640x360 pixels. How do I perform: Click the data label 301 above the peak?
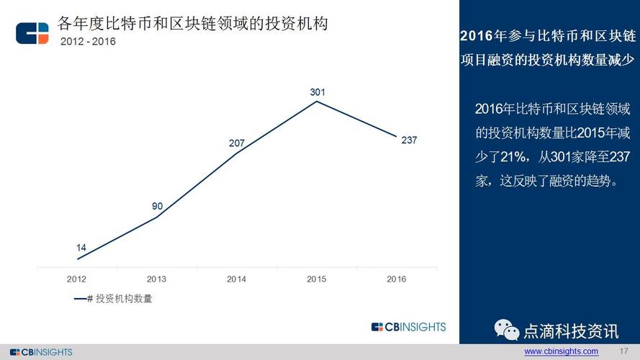[317, 92]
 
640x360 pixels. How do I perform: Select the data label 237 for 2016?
[409, 140]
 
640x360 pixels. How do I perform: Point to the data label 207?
[237, 143]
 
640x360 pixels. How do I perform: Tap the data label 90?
[157, 207]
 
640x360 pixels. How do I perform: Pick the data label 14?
[81, 248]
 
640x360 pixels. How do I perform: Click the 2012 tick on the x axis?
[77, 279]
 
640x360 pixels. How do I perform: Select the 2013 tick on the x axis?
[156, 279]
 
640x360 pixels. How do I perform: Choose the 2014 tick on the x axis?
[236, 279]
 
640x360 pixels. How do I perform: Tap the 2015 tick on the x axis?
[317, 279]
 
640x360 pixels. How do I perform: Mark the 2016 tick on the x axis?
[397, 279]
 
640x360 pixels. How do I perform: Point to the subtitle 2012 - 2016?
[88, 41]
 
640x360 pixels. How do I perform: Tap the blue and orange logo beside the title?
[32, 33]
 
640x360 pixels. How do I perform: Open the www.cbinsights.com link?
[561, 351]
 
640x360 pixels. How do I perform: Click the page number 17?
[624, 351]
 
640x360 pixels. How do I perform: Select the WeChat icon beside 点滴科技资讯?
[505, 330]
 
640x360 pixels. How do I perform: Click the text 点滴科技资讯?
[571, 331]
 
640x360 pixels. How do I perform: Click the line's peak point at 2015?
[317, 102]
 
